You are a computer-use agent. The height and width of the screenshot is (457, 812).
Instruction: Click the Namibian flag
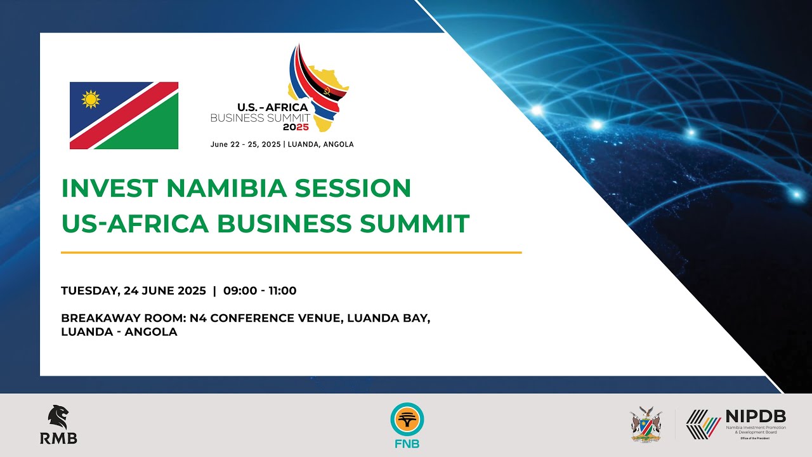[x=124, y=116]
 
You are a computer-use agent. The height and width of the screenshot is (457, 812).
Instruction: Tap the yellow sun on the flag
[x=91, y=99]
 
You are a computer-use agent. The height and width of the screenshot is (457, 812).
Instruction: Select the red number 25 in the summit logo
[x=303, y=127]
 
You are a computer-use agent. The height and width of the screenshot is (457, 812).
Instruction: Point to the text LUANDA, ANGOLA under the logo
[x=321, y=144]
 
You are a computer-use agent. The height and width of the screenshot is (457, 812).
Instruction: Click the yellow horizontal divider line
[x=291, y=253]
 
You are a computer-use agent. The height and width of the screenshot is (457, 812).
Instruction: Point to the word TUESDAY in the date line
[x=88, y=291]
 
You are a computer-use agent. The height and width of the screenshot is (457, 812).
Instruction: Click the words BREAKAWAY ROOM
[x=121, y=318]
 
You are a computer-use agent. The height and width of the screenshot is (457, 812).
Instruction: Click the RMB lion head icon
[x=58, y=417]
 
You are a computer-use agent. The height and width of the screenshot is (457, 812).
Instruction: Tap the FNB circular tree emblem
[x=407, y=420]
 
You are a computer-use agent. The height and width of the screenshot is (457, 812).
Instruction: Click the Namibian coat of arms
[x=646, y=424]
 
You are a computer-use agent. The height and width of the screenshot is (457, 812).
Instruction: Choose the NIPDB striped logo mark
[x=703, y=424]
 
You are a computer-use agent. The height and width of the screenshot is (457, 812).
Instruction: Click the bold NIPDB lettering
[x=756, y=417]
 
